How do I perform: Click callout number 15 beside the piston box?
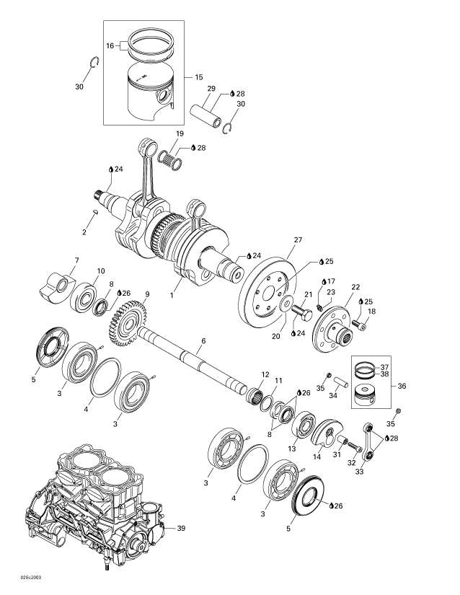[198, 77]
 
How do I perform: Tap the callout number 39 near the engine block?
[181, 528]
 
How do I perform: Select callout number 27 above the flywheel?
[298, 239]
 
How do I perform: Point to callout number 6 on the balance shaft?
[203, 341]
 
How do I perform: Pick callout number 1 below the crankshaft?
[171, 294]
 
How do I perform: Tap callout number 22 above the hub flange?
[355, 286]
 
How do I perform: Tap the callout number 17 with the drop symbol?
[332, 281]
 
